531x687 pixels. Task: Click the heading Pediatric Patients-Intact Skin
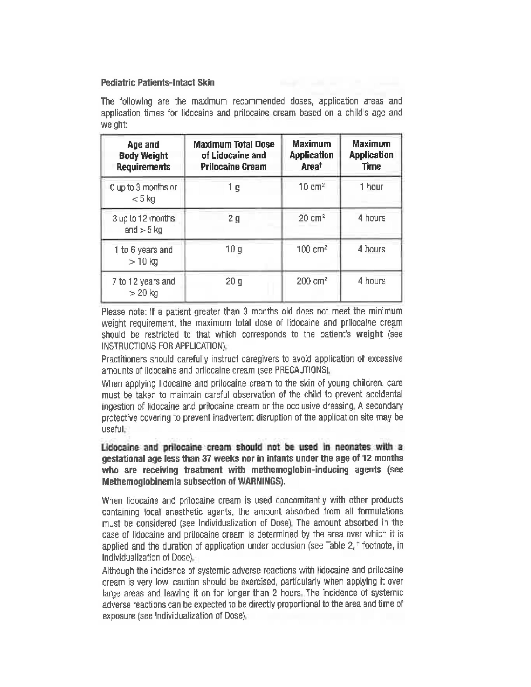click(158, 83)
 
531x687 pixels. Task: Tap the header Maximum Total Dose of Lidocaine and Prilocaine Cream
click(233, 155)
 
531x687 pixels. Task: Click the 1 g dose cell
click(233, 188)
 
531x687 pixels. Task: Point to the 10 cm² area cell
click(311, 187)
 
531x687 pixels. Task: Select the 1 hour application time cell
click(371, 187)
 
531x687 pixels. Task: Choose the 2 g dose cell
click(233, 218)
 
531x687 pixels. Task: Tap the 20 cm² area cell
click(311, 218)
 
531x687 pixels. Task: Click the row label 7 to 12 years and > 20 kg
click(143, 287)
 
